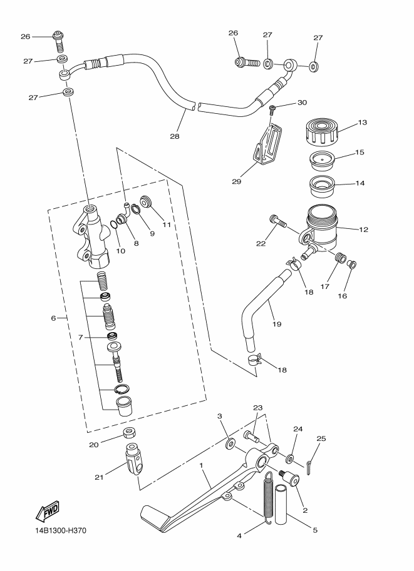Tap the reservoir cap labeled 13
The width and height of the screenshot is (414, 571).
(320, 132)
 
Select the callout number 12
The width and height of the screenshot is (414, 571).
(363, 230)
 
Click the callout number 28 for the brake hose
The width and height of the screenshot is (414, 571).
(175, 136)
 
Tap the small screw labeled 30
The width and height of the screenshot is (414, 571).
(271, 109)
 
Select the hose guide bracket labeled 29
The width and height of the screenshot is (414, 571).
(267, 144)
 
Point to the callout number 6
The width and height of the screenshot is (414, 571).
(53, 318)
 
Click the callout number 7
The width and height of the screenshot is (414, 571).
(81, 338)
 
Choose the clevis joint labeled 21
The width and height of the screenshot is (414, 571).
(134, 458)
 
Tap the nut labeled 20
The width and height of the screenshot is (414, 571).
(130, 433)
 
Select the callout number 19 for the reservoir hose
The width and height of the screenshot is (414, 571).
(277, 324)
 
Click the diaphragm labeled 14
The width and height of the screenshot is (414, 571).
(321, 185)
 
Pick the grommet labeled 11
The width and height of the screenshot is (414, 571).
(147, 201)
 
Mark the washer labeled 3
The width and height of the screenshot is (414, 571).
(230, 444)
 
